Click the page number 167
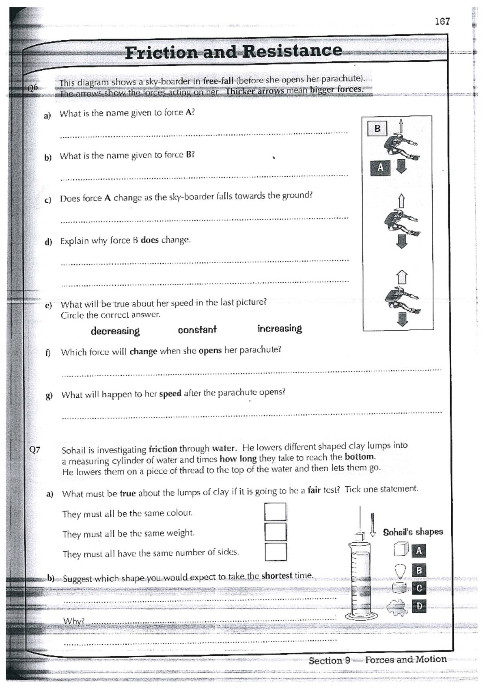click(x=442, y=22)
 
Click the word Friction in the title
click(x=161, y=53)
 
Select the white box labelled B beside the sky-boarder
click(x=377, y=129)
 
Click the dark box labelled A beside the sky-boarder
click(x=380, y=167)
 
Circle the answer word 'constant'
click(x=197, y=329)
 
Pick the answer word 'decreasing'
click(x=115, y=331)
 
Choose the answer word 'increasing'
click(x=280, y=328)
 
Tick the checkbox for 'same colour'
click(x=275, y=512)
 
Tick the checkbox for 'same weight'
click(x=275, y=532)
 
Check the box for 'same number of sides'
click(x=276, y=552)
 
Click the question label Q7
click(x=35, y=450)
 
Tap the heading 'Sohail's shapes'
click(x=413, y=532)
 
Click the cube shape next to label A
click(x=400, y=550)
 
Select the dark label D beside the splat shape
click(x=419, y=607)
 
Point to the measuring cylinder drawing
click(x=359, y=577)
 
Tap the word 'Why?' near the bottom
click(x=73, y=621)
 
